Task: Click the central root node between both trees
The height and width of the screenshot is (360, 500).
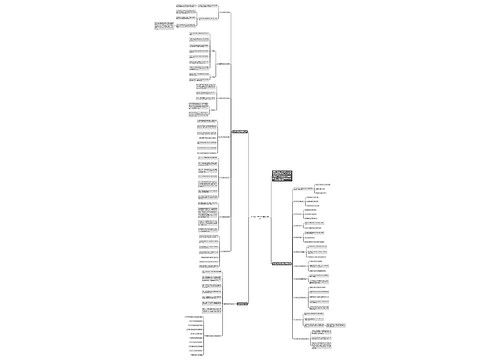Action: (259, 216)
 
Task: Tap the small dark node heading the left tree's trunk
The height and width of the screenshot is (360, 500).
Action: (239, 131)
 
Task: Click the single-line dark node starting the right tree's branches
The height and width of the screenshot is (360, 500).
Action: (280, 263)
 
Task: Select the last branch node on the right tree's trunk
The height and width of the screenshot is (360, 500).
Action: (301, 340)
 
